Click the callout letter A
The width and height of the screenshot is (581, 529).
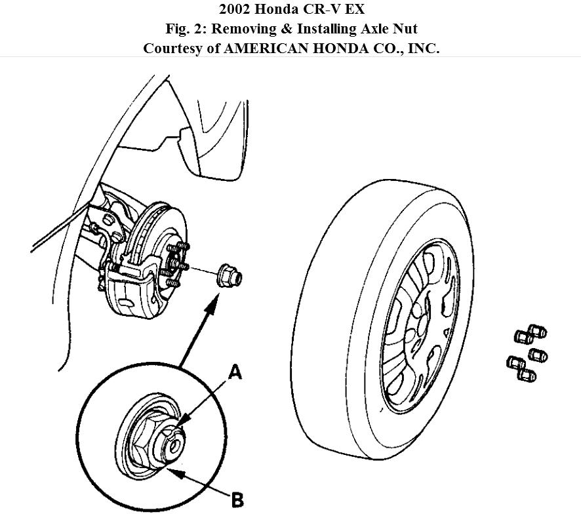(x=234, y=373)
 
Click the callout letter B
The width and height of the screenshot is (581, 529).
(x=236, y=500)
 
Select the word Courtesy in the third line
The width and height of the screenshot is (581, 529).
(x=172, y=48)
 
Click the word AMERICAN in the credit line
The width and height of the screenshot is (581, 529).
(x=261, y=48)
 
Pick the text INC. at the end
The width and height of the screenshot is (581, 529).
(x=423, y=48)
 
